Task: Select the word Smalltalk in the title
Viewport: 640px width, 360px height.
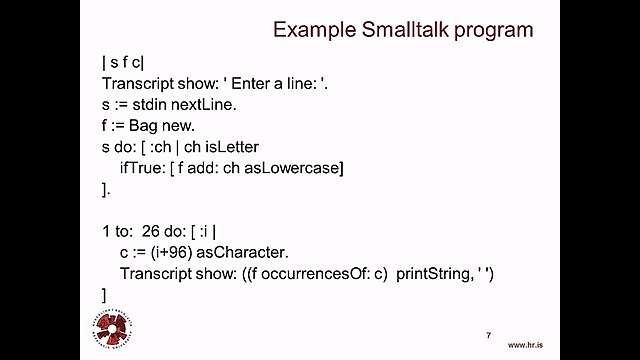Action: [406, 30]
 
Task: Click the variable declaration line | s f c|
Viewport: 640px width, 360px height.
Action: [123, 62]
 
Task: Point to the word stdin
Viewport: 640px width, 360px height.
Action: [158, 104]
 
